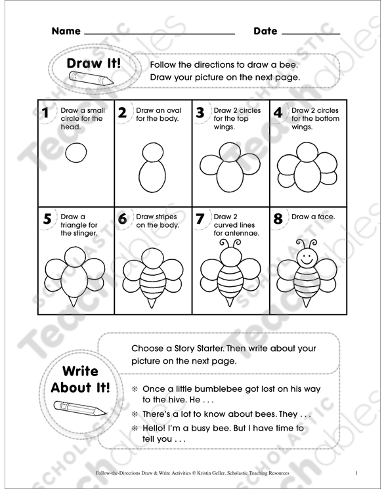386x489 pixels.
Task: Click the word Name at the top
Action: [66, 31]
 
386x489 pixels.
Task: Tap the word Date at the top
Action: [265, 31]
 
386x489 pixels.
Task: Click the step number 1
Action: [45, 113]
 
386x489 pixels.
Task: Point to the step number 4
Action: [278, 113]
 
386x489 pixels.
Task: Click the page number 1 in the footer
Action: [355, 473]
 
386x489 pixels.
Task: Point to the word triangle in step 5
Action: [74, 224]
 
